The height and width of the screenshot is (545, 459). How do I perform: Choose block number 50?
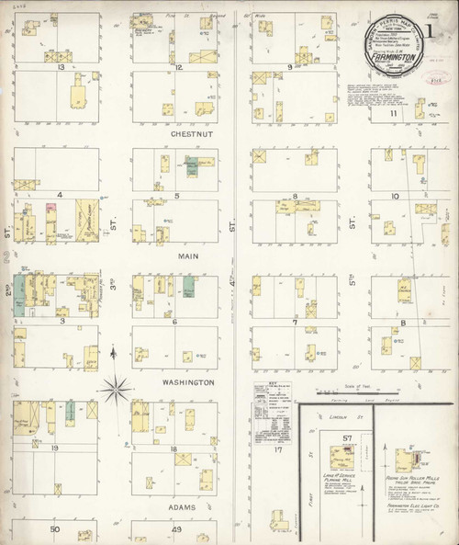55,529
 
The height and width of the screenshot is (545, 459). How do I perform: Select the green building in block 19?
70,413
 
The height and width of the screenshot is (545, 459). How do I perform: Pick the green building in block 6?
188,286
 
